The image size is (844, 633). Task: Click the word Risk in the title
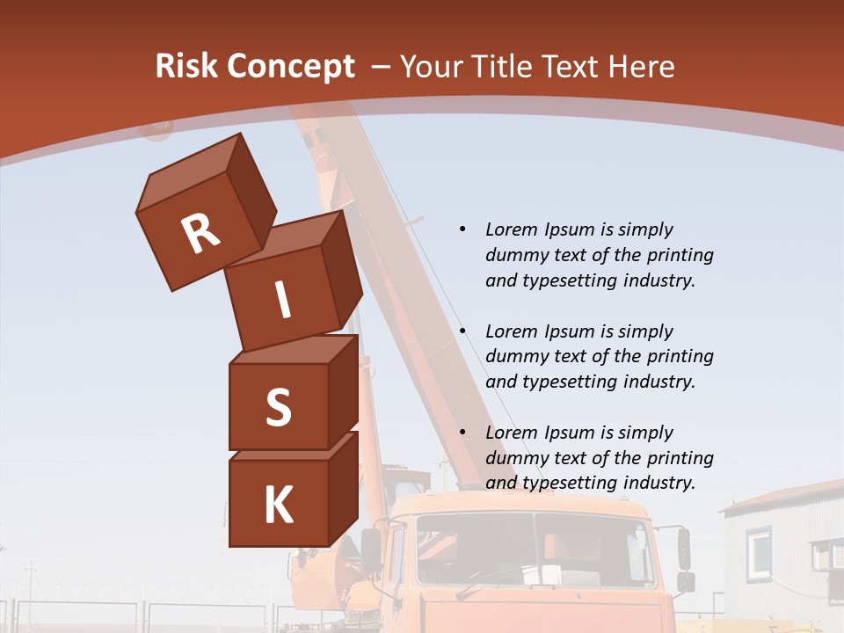(186, 67)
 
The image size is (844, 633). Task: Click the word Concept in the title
(291, 67)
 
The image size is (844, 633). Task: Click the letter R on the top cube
(200, 234)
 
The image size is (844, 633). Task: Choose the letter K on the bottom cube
(278, 505)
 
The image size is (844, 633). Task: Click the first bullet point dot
(462, 229)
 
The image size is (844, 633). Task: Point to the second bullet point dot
(462, 331)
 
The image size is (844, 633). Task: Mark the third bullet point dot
(462, 433)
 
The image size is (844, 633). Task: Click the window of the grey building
(759, 550)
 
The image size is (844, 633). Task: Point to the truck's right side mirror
(684, 549)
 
